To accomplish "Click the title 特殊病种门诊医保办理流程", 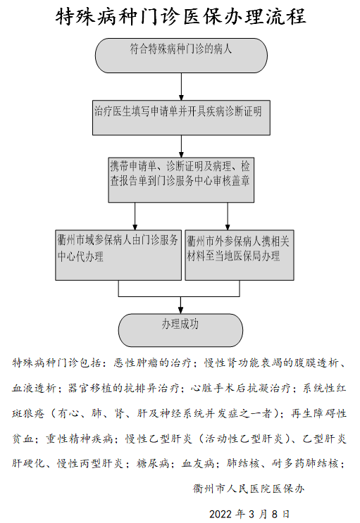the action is (x=180, y=16).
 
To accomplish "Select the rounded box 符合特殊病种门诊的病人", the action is (x=181, y=56).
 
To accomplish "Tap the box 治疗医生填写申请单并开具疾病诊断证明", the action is (x=181, y=118).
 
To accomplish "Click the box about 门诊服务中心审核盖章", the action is (x=181, y=179).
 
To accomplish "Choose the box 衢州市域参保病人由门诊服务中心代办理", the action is (x=118, y=255).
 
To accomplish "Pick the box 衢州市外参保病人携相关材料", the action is (x=240, y=255).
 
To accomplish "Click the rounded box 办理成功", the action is (x=180, y=330).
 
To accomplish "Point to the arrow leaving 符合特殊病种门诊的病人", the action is (x=181, y=87).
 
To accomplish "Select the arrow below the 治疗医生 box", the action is (x=181, y=146).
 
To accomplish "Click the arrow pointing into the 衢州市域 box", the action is (x=135, y=216).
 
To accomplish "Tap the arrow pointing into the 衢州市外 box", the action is (x=228, y=216).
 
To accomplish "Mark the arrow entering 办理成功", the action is (x=180, y=305).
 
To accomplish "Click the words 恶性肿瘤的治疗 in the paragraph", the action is (x=152, y=363).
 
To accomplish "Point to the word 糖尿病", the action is (x=154, y=464).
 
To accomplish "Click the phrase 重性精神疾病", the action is (x=80, y=439).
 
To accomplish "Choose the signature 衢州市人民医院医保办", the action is (x=249, y=489).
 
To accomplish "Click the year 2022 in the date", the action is (x=221, y=514).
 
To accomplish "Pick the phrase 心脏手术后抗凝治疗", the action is (x=241, y=389).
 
